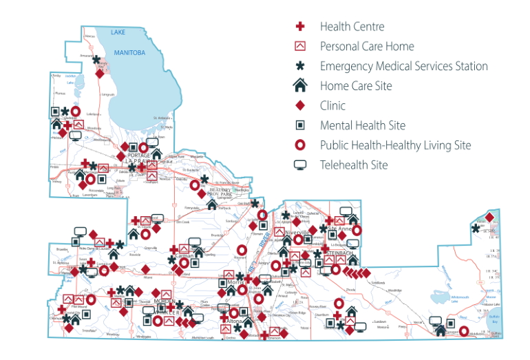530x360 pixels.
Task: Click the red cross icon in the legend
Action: tap(300, 27)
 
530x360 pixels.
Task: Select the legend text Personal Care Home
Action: tap(367, 46)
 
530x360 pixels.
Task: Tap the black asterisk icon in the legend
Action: tap(300, 67)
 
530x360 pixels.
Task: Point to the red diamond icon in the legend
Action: tap(300, 106)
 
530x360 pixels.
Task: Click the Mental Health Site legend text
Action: tap(362, 125)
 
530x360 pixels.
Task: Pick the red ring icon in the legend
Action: tap(300, 145)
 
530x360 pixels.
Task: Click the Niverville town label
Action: tap(297, 233)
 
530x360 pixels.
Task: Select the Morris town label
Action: tap(237, 282)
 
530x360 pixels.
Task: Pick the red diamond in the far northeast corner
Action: tap(489, 218)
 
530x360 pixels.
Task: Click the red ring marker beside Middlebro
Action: tap(464, 332)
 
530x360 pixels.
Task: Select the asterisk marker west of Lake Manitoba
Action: tap(96, 59)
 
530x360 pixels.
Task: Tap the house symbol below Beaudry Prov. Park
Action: tap(212, 203)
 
